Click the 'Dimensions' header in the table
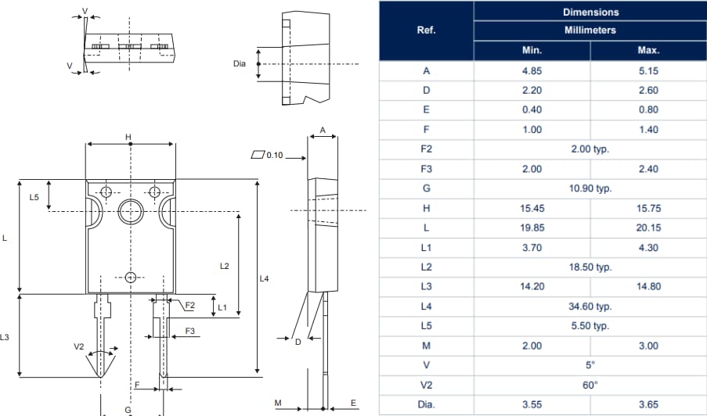coord(590,12)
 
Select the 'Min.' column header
coord(532,50)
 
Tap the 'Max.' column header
coord(648,50)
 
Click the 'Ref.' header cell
coord(426,30)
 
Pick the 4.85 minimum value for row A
coord(532,70)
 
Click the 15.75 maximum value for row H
coord(648,208)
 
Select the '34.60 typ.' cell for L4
coord(590,307)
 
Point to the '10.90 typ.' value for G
coord(590,188)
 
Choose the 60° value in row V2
coord(590,385)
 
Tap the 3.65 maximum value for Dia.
coord(648,404)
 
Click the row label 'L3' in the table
coord(426,286)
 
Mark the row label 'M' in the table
coord(426,346)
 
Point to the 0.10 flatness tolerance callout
coord(273,156)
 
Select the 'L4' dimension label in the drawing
coord(265,278)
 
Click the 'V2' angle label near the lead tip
coord(78,346)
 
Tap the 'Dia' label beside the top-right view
coord(240,63)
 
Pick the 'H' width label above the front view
coord(128,138)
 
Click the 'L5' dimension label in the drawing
coord(34,198)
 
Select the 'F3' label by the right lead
coord(190,332)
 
